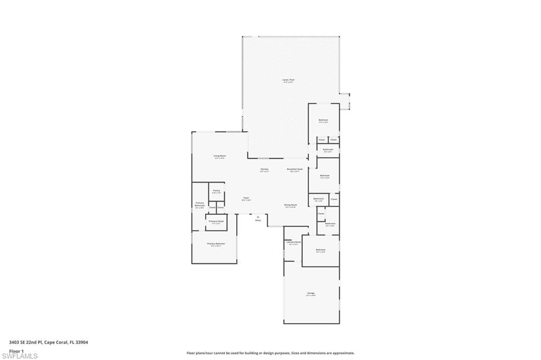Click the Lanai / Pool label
[x=288, y=80]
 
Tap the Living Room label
[x=220, y=156]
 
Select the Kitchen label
[x=265, y=169]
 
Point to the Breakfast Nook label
[x=295, y=169]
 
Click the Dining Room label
[x=291, y=205]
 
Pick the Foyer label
[x=246, y=198]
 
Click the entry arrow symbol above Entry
[x=258, y=216]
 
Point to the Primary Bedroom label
[x=216, y=244]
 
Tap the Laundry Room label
[x=294, y=242]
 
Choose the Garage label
[x=311, y=293]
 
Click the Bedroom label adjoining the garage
[x=320, y=250]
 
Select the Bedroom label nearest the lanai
[x=323, y=120]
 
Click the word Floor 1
[x=16, y=350]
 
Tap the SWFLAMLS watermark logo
[x=20, y=356]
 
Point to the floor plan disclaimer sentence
[x=270, y=353]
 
